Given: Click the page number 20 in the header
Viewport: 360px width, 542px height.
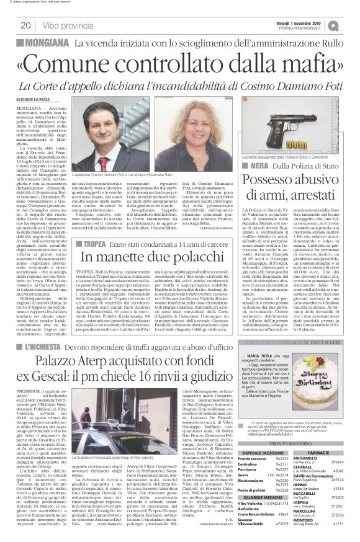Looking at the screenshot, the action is tap(27, 25).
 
